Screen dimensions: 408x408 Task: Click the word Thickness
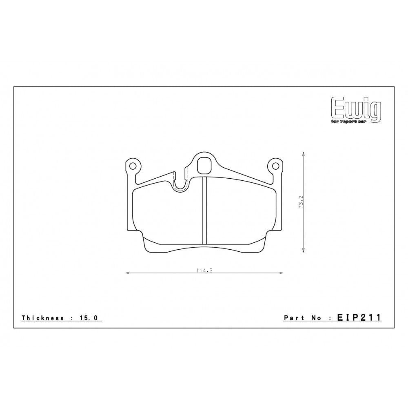(42, 318)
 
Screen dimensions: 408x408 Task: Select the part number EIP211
(359, 317)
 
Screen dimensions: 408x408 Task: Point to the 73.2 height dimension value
(301, 202)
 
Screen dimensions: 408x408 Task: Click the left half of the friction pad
(167, 214)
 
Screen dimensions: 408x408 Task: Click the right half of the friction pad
(241, 214)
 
